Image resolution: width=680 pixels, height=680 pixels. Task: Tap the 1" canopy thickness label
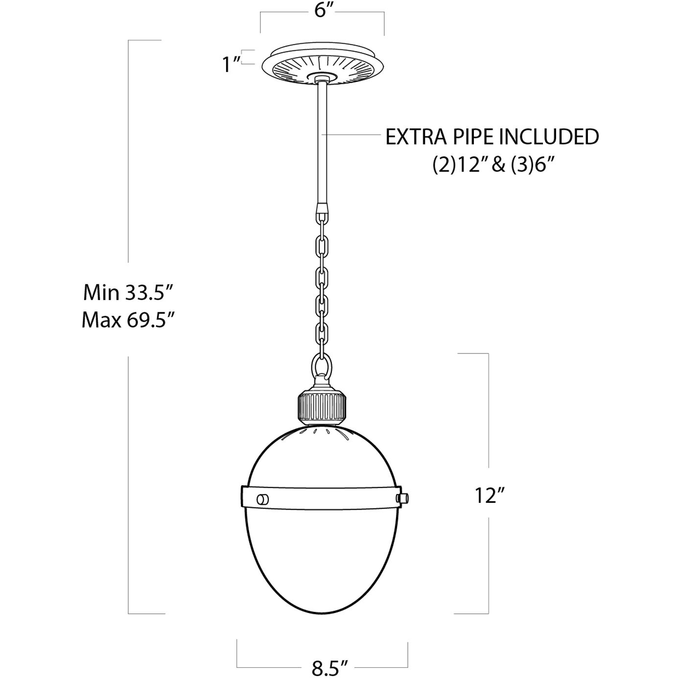click(230, 64)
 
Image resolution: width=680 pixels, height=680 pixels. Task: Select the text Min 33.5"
click(128, 293)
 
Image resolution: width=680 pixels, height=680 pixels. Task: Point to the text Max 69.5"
click(128, 321)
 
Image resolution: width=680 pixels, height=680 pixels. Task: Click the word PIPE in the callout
click(465, 137)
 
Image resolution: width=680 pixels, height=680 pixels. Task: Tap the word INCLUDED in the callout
click(548, 137)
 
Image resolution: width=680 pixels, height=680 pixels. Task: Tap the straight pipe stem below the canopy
click(323, 142)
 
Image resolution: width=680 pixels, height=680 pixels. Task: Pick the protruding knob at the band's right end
click(402, 497)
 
